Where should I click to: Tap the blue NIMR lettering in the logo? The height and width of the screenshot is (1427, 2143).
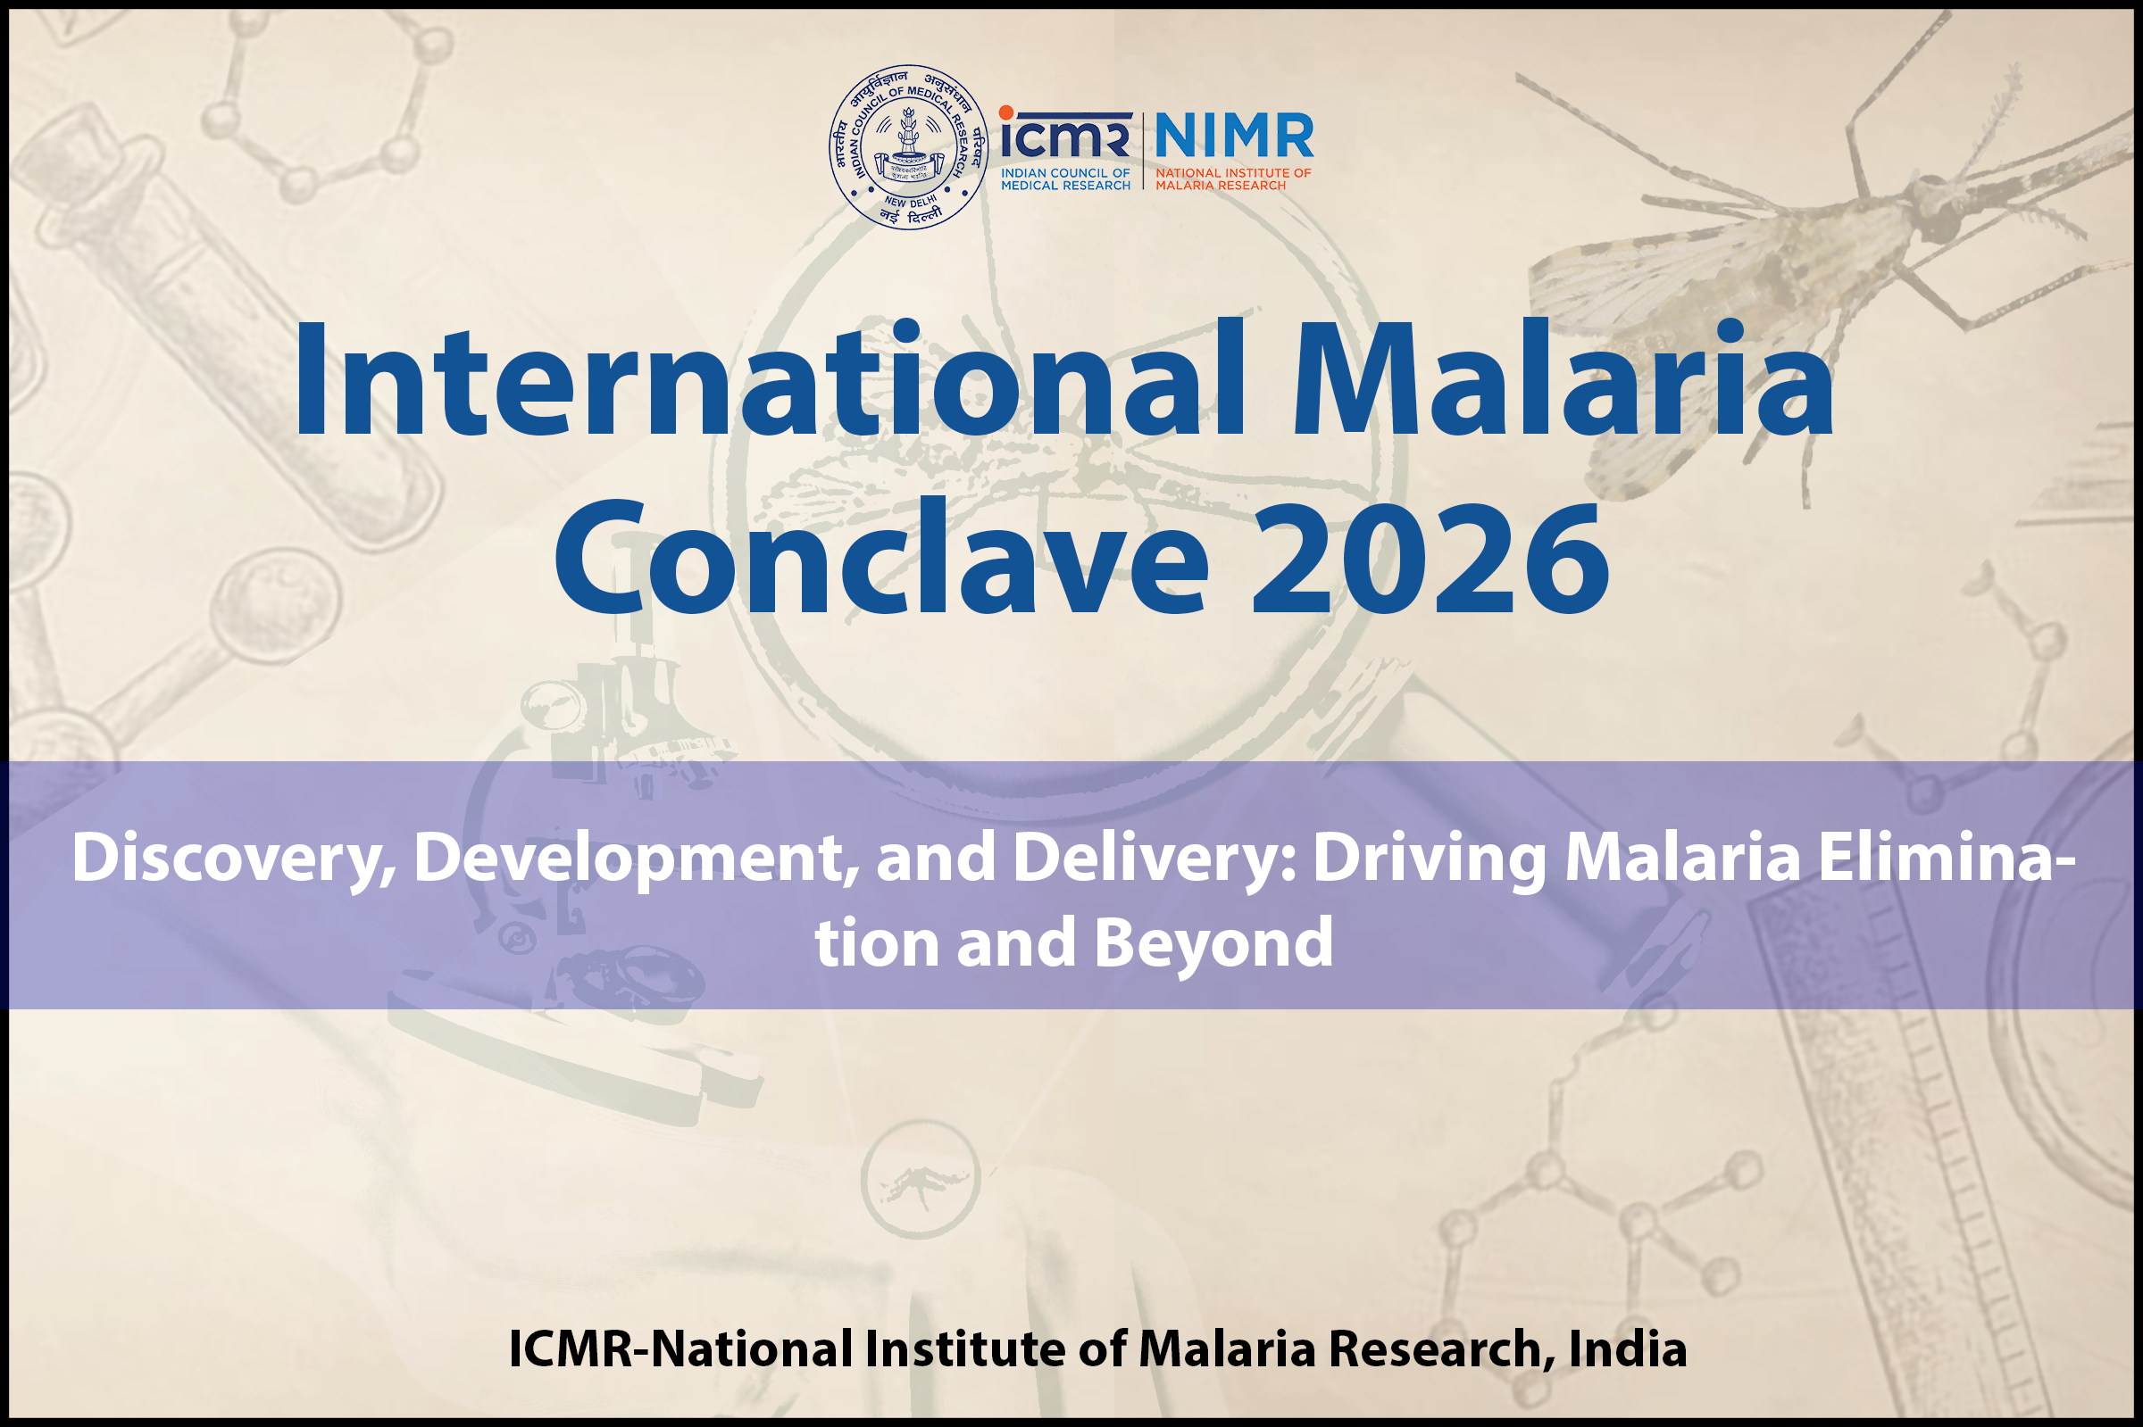coord(1233,136)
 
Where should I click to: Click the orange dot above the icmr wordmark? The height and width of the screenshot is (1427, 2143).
coord(1006,112)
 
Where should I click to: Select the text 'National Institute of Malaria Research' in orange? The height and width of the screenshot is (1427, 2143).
coord(1233,179)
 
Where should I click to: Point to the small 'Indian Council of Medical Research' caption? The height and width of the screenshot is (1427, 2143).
coord(1065,179)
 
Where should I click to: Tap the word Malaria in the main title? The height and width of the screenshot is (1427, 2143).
coord(1563,378)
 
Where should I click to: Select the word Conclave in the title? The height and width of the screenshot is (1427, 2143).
coord(881,556)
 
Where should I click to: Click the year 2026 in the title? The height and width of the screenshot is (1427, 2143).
coord(1430,556)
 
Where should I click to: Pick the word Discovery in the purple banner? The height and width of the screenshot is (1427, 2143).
coord(234,859)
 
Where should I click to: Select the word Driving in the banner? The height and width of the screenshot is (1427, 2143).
coord(1430,859)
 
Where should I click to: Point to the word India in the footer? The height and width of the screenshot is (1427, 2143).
coord(1628,1348)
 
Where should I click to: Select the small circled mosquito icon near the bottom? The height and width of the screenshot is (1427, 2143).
coord(921,1180)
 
